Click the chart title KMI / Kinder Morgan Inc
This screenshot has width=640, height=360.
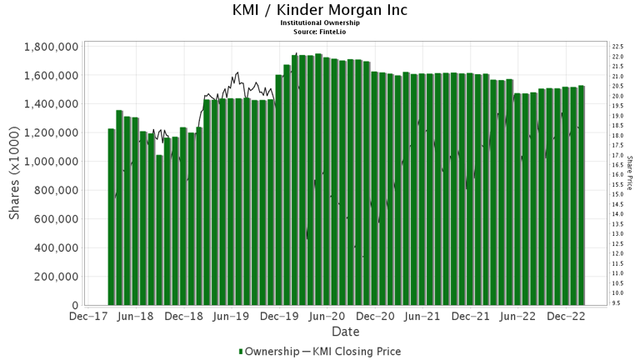point(320,11)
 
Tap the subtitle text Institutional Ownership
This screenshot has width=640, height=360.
point(320,23)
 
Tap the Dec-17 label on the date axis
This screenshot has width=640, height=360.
point(87,317)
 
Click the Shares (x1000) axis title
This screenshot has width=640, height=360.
point(16,175)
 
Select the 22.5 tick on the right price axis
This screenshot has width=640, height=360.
point(617,47)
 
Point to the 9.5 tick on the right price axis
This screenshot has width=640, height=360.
point(616,303)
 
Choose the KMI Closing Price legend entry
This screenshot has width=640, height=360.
point(357,351)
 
